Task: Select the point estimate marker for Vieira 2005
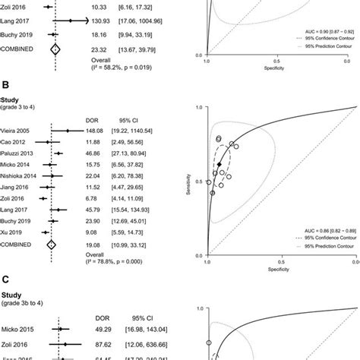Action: [x=68, y=130]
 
